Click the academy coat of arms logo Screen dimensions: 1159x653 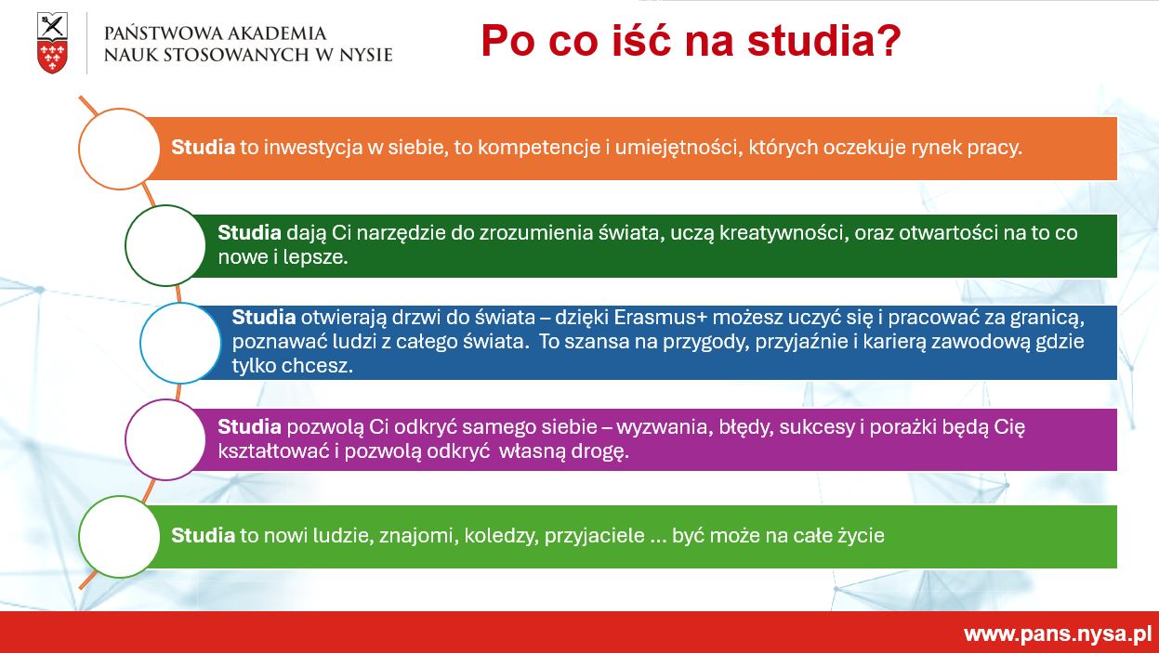click(x=52, y=43)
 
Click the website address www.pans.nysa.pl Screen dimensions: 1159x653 click(x=1058, y=633)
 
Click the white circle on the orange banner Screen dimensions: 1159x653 click(x=120, y=149)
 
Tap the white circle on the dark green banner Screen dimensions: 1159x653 click(x=165, y=245)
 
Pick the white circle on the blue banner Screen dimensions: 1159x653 click(x=180, y=343)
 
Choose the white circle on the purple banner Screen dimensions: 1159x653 click(x=165, y=439)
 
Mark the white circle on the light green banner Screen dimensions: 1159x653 click(x=120, y=537)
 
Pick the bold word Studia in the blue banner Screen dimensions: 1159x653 click(x=264, y=317)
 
